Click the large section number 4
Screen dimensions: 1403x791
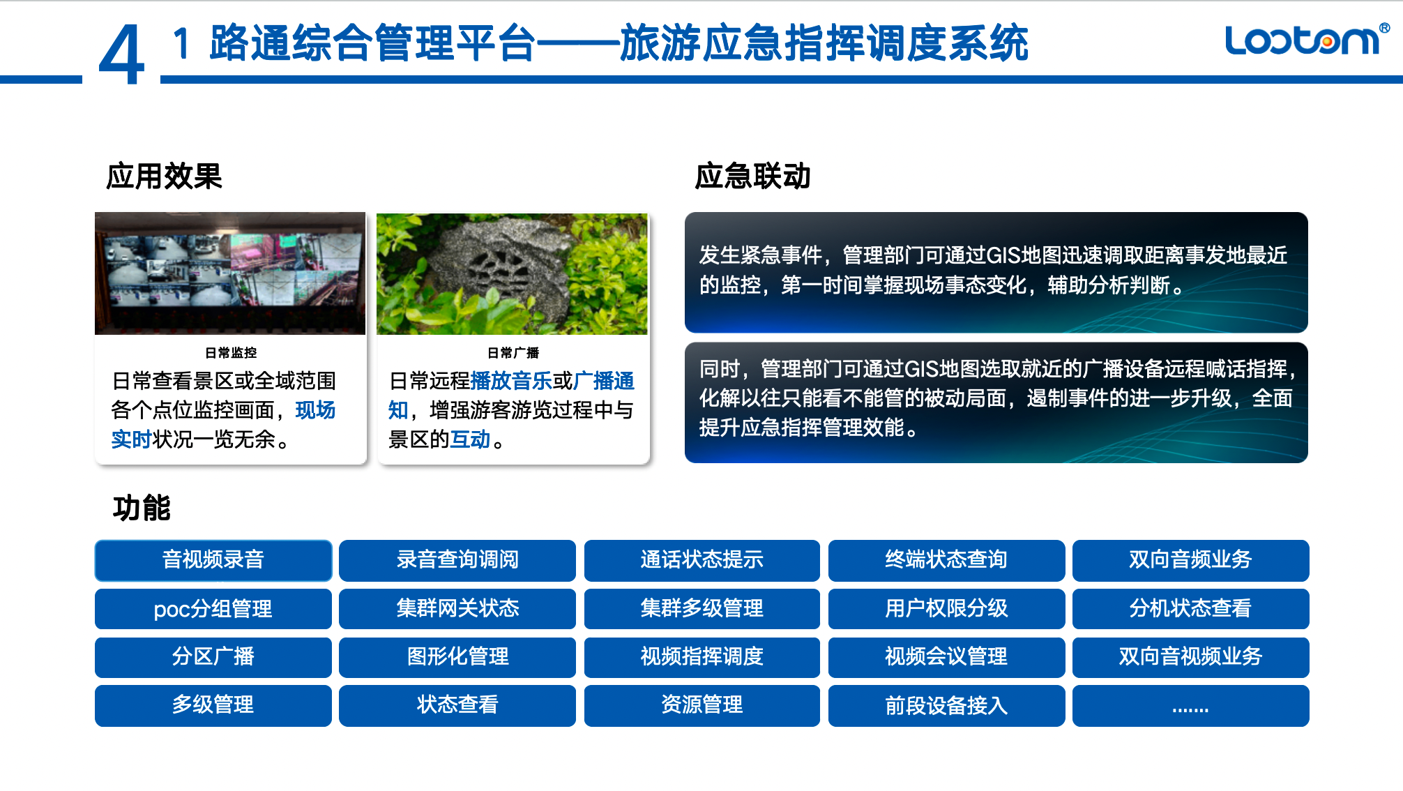[x=121, y=54]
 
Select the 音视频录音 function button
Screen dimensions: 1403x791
[x=213, y=560]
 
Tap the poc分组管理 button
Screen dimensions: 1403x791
[x=213, y=609]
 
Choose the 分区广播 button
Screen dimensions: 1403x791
[x=213, y=657]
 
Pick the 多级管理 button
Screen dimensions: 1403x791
[x=213, y=705]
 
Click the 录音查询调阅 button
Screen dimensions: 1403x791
[x=457, y=560]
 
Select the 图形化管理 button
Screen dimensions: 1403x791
[x=457, y=657]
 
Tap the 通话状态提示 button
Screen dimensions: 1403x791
[x=702, y=560]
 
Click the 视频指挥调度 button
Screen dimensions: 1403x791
[x=702, y=657]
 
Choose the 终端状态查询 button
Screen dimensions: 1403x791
[x=946, y=560]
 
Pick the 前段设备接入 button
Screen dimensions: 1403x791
[x=946, y=705]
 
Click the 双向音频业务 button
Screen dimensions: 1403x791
[x=1190, y=560]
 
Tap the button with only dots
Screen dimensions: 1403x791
[x=1190, y=705]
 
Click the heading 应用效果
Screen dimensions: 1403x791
[x=164, y=176]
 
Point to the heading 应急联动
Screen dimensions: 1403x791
[x=752, y=176]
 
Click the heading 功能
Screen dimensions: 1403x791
[x=142, y=508]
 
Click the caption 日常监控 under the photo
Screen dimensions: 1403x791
[x=231, y=353]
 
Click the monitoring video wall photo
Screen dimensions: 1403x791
[x=230, y=273]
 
